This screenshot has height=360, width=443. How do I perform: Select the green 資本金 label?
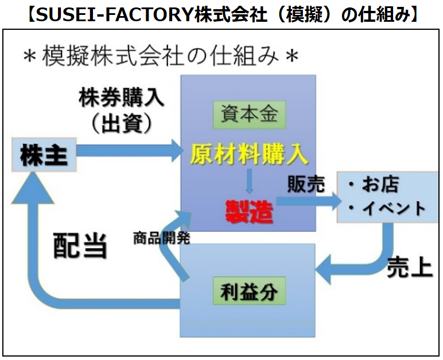tap(248, 114)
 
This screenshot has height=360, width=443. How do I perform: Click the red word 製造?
tap(248, 211)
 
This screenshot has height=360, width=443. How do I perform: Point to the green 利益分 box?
tap(248, 292)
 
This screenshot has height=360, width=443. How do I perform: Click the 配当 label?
tap(80, 246)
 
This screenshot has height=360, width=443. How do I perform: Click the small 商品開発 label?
tap(161, 237)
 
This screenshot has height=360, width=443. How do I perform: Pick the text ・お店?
tap(377, 185)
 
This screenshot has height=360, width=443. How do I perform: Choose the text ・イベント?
tap(387, 208)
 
